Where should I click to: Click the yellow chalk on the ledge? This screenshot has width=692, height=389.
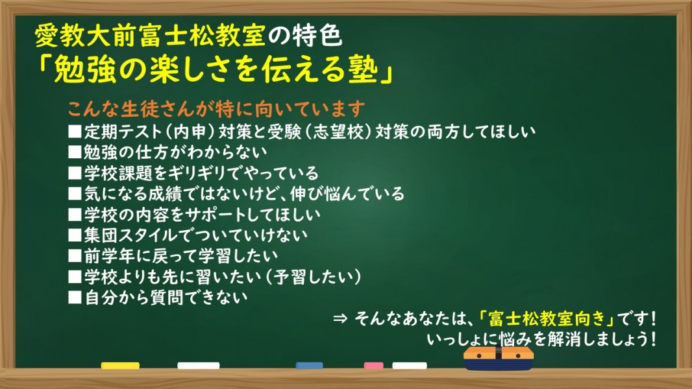pos(120,365)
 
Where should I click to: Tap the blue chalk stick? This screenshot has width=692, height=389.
pos(310,365)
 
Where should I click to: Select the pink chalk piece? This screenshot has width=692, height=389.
pos(373,365)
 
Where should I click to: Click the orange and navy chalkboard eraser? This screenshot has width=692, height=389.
pos(499,358)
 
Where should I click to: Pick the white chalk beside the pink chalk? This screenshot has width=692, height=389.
pos(410,365)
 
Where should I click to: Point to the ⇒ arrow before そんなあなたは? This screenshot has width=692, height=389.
pos(340,318)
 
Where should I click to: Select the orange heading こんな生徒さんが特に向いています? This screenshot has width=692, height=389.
pos(216,108)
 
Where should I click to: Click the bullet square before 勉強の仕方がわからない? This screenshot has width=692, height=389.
pos(75,152)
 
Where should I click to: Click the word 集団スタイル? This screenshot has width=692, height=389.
pos(130,235)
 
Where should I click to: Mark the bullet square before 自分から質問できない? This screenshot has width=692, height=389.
pos(75,298)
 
